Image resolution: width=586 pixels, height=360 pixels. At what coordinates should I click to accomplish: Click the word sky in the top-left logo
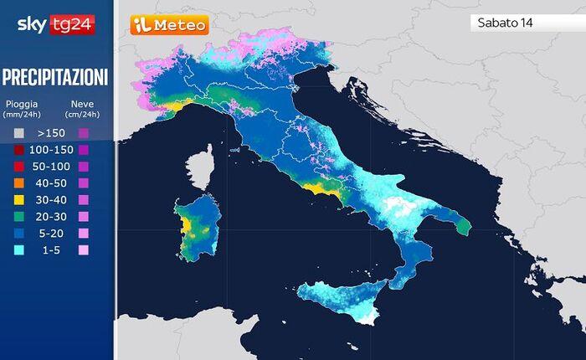pos(33,24)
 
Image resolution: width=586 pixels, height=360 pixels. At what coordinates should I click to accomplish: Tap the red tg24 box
pos(74,24)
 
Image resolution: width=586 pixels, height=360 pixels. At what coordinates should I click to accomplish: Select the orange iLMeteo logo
pos(168,25)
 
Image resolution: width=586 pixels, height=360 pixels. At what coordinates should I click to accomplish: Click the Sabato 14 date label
pos(506,23)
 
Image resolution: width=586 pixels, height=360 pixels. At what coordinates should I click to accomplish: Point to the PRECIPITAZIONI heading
pos(55,78)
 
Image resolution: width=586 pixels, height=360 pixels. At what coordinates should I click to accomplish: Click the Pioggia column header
pos(22,104)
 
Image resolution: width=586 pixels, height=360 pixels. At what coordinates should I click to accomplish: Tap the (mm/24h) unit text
pos(22,114)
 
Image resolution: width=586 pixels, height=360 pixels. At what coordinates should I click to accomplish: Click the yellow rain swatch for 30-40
pos(18,200)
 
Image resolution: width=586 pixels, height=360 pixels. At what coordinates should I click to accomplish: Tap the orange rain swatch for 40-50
pos(18,183)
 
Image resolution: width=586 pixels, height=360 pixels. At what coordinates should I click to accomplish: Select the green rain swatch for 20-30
pos(18,217)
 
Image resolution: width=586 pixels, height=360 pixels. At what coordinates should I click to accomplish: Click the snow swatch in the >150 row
pos(83,133)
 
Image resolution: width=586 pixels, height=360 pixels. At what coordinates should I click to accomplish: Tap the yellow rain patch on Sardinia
pos(192,225)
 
